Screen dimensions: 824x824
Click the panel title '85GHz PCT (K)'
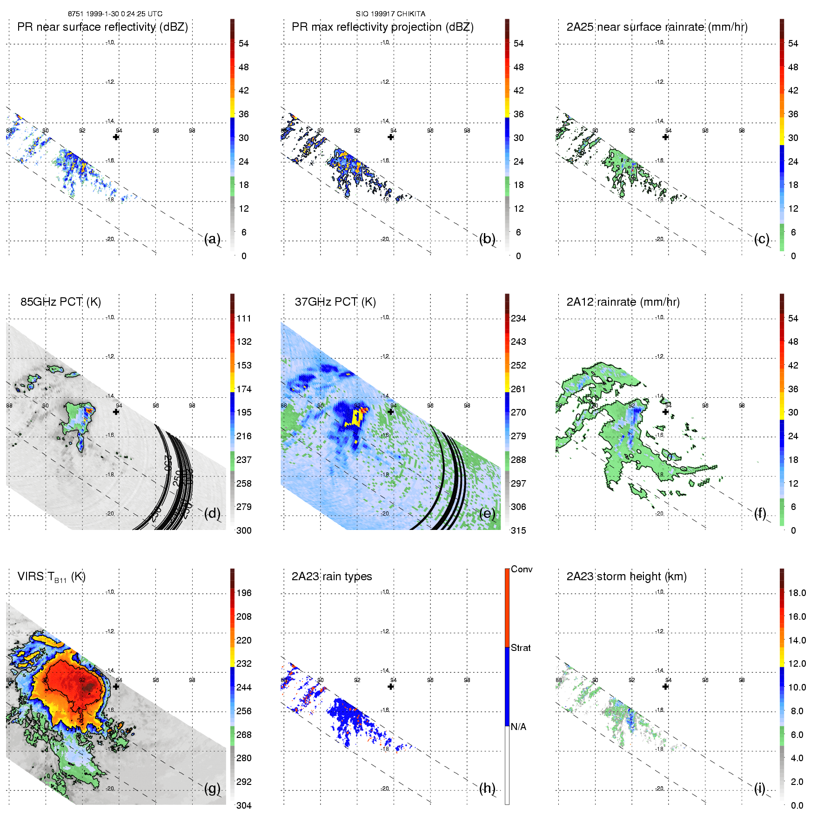60,302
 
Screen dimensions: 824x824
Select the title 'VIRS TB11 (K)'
51,577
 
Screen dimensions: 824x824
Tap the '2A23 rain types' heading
331,577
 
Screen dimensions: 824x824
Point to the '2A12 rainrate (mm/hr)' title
623,302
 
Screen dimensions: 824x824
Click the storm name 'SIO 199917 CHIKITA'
390,14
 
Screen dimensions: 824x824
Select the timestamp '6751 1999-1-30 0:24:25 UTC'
115,14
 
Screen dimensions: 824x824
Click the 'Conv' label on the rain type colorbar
521,569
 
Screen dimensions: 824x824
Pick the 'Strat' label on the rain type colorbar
520,648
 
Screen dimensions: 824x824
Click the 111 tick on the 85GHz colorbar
244,319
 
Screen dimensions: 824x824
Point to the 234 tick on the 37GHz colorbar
518,319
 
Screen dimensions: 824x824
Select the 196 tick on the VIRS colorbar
244,593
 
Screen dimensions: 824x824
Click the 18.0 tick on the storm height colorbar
797,593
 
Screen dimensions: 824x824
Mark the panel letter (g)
212,788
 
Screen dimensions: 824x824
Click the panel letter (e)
487,514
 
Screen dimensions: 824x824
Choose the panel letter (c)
762,239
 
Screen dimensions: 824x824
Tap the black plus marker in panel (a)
116,137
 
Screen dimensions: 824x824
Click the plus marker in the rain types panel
391,687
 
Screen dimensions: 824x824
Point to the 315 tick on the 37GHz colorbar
518,531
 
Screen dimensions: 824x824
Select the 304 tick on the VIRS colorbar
244,806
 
